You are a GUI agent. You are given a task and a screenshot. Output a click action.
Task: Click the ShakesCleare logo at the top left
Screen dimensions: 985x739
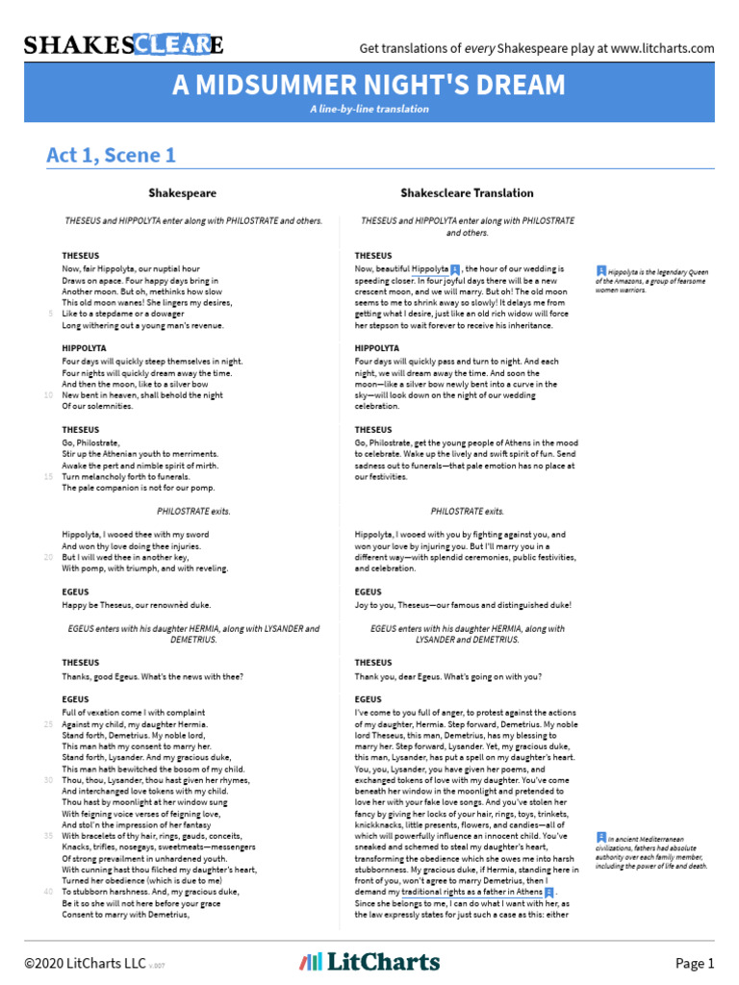click(124, 45)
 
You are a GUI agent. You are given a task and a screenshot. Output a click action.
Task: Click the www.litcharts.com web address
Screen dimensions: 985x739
click(662, 48)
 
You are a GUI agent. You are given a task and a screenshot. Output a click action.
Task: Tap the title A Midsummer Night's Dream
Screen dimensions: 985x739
click(369, 86)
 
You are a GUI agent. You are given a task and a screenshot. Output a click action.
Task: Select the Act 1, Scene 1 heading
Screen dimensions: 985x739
click(111, 155)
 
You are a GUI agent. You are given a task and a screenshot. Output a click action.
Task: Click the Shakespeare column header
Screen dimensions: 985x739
click(182, 193)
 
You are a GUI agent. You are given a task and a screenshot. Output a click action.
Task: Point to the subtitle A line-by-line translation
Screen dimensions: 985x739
click(369, 109)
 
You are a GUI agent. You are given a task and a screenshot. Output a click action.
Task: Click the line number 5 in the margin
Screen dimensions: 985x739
click(49, 314)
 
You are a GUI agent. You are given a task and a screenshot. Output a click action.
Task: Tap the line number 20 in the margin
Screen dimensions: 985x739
click(48, 557)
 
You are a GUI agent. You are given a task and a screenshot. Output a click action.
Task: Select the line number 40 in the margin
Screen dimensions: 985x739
click(48, 892)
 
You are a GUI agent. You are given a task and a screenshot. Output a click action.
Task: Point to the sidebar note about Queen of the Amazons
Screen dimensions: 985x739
click(651, 280)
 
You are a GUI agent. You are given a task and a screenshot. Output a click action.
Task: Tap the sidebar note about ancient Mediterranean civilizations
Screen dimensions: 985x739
click(651, 851)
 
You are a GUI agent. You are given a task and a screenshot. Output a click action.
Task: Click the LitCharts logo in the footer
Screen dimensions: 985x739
click(369, 962)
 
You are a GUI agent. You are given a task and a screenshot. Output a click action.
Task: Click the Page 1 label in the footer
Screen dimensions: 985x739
click(695, 963)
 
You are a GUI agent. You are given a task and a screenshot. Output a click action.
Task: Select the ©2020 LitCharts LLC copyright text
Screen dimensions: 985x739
click(89, 963)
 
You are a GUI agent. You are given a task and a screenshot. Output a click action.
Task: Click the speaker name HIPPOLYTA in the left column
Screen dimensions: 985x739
click(84, 348)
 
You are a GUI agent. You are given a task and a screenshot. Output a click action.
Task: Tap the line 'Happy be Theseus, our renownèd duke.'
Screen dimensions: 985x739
click(136, 605)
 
